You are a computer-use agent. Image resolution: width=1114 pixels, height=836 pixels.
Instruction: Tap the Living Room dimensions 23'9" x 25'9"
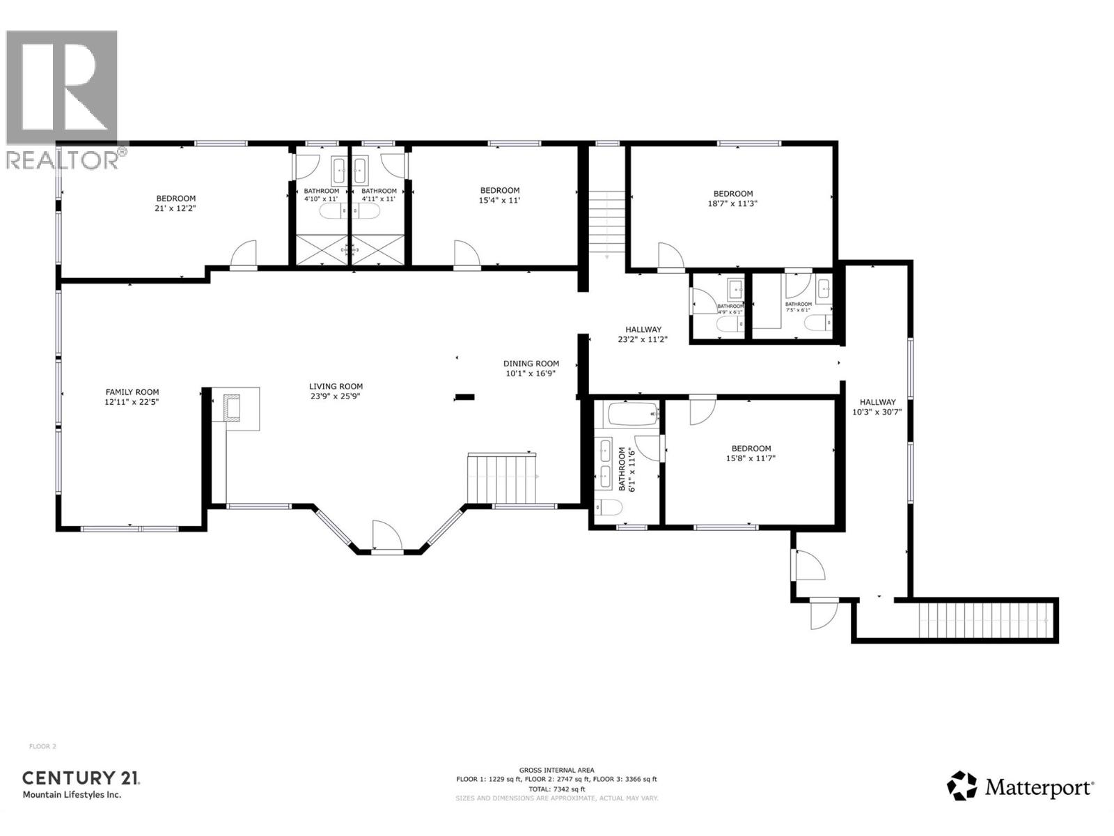336,396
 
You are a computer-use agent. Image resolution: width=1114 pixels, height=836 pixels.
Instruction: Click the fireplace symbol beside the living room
232,408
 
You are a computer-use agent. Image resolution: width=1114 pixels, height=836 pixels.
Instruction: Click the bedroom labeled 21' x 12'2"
175,203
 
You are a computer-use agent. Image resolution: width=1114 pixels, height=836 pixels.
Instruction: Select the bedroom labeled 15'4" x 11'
499,195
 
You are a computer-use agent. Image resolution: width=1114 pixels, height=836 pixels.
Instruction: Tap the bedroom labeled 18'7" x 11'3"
732,199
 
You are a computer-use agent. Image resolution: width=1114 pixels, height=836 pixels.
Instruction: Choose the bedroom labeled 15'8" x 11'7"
751,453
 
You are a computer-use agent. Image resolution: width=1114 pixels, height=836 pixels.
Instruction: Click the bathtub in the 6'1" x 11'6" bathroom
632,415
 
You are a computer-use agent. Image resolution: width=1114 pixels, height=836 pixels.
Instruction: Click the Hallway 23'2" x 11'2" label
643,334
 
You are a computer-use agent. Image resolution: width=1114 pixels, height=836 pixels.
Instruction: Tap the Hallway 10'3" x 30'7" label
877,406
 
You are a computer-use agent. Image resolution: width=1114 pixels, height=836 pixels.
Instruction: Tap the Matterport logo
1020,787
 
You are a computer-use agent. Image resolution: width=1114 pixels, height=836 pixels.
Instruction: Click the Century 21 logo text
81,778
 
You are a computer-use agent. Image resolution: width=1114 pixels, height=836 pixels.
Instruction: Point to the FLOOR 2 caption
42,746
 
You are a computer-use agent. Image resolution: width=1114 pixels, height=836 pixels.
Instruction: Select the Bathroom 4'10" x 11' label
321,194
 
